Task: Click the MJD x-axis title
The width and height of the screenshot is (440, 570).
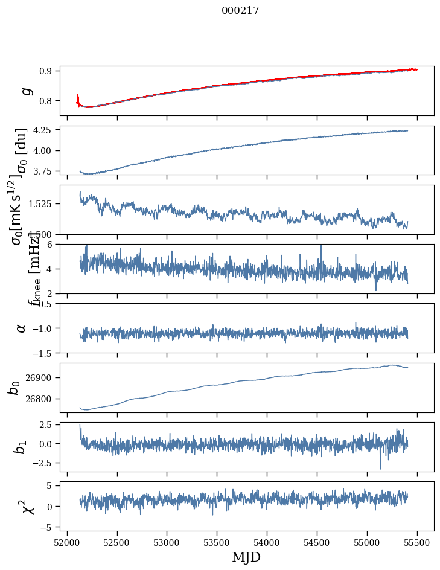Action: tap(246, 557)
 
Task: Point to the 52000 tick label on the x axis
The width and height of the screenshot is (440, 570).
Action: tap(67, 542)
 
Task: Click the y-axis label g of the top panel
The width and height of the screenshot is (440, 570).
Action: tap(26, 91)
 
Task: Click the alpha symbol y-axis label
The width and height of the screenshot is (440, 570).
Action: tap(22, 328)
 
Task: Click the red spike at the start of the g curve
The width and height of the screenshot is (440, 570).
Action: tap(78, 97)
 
